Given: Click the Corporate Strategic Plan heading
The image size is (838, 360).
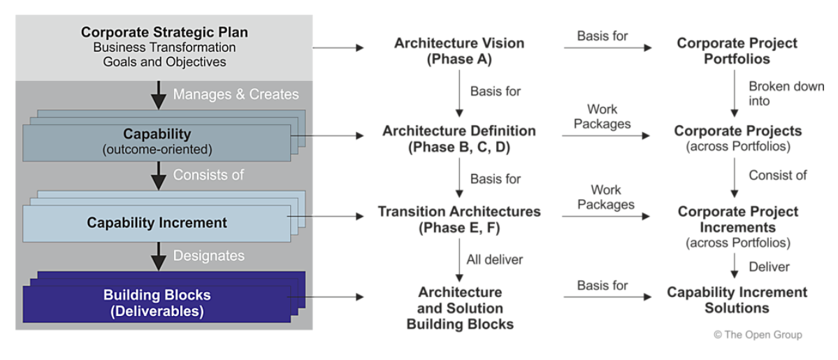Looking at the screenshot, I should point(164,32).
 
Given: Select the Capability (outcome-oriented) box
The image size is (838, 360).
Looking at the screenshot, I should point(157,141).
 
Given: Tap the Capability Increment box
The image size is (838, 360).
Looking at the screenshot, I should point(157,223).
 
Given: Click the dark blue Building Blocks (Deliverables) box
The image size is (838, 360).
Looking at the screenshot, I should point(157,303).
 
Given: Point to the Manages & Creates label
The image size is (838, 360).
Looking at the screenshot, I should point(236,94).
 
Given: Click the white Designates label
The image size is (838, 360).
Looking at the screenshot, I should point(209,255).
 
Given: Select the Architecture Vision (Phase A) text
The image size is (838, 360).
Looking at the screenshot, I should point(458,51).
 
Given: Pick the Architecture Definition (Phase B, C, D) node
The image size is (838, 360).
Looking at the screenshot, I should point(458,138).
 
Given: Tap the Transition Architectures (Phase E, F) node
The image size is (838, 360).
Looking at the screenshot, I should point(458,219).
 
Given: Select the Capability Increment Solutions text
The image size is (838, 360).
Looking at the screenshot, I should point(737,300).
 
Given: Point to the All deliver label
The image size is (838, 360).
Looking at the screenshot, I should point(495,259).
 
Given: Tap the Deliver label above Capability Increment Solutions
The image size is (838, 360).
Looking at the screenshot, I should point(769,266).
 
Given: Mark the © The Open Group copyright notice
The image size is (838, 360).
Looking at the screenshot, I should point(758,335).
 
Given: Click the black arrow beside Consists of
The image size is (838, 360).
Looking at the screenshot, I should point(159,175).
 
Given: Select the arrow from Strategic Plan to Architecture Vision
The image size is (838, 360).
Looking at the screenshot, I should point(338,48).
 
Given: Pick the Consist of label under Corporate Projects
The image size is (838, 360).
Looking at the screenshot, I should point(777,175).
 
